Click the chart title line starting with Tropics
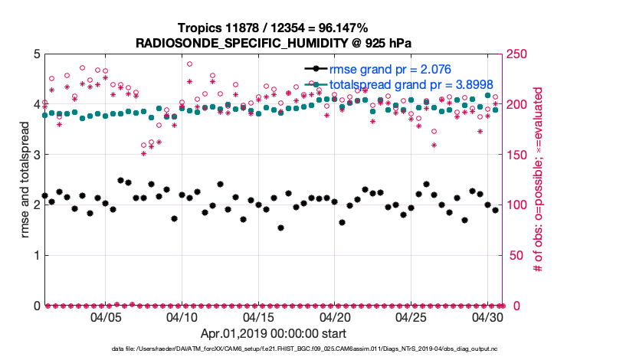click(x=272, y=28)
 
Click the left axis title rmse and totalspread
click(x=24, y=180)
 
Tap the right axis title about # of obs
click(x=539, y=180)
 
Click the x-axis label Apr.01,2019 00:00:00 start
click(x=273, y=334)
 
